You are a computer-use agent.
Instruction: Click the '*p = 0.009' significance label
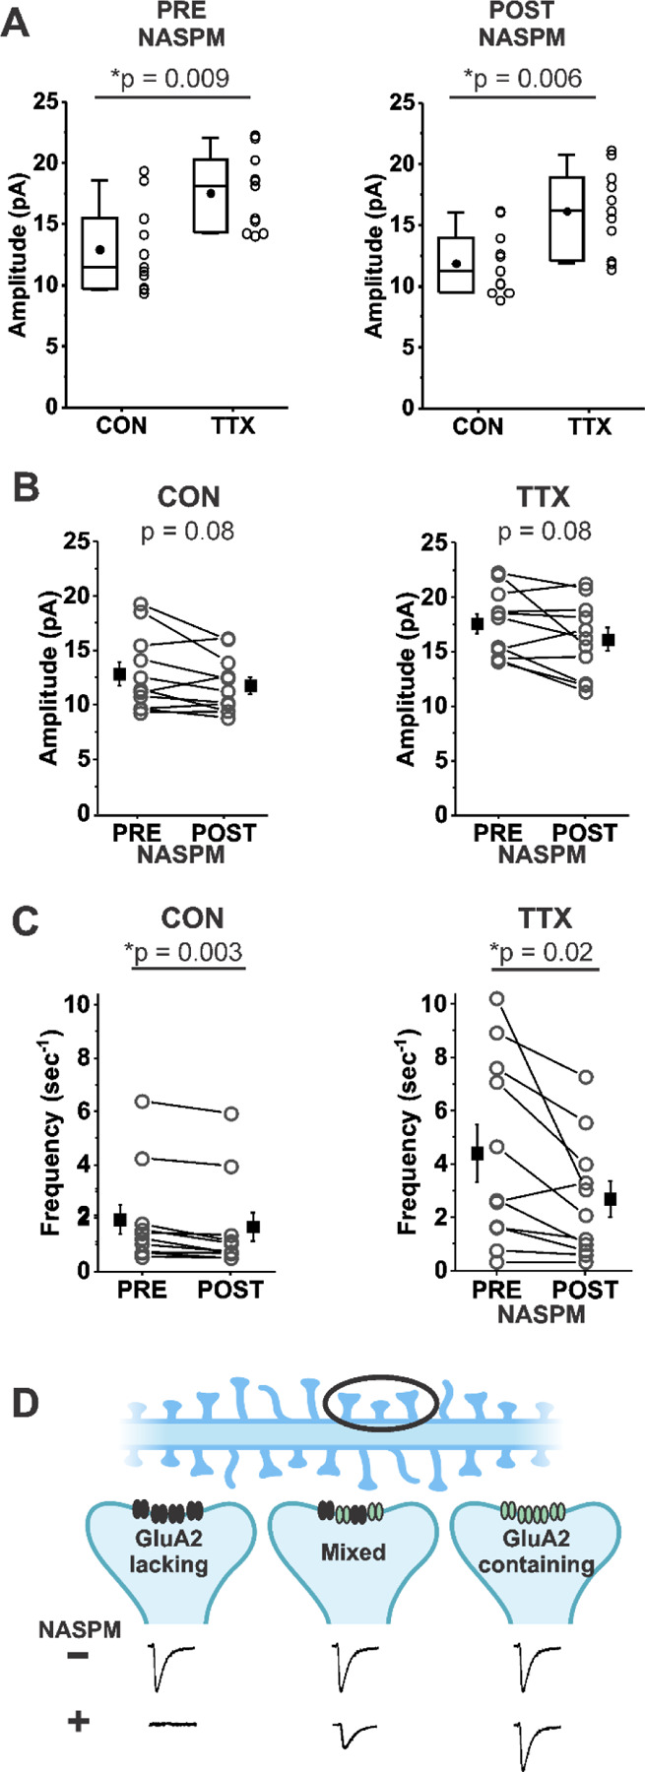tap(174, 78)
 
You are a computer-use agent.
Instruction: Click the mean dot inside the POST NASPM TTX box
tap(567, 212)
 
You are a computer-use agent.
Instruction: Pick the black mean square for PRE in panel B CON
tap(119, 674)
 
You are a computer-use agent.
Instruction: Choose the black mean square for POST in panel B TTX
tap(609, 640)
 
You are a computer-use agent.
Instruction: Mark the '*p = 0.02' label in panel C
tap(544, 952)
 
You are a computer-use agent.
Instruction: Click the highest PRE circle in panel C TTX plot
tap(497, 999)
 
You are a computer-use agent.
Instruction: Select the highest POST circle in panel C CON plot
tap(231, 1114)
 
